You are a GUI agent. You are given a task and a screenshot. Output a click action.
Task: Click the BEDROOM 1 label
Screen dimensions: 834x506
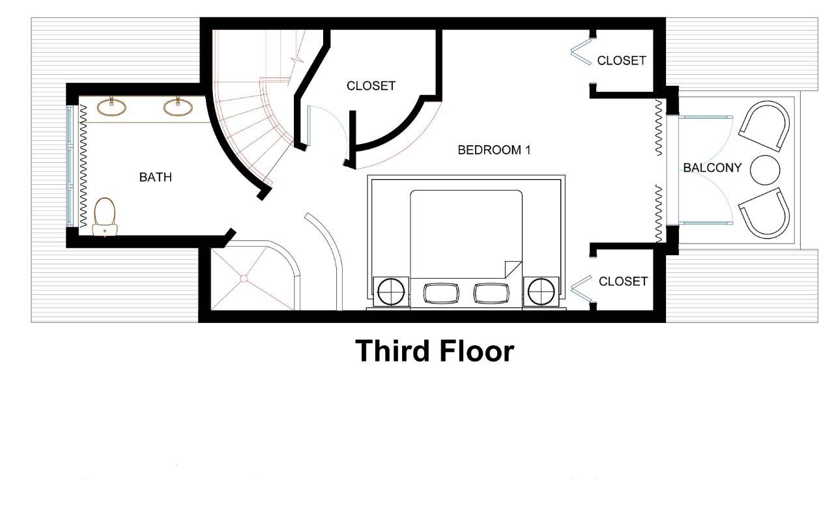tap(494, 150)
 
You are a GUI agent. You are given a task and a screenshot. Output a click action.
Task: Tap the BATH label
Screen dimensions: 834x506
tap(156, 177)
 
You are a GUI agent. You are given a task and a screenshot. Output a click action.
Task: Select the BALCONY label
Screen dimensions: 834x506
tap(713, 168)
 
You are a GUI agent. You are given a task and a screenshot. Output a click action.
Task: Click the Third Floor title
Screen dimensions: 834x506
tap(435, 351)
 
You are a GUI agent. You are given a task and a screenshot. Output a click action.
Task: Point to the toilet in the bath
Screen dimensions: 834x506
tap(105, 217)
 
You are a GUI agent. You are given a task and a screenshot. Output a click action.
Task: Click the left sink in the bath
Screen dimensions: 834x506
tap(111, 107)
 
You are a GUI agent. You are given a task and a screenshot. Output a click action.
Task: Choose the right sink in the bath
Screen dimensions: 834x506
tap(178, 107)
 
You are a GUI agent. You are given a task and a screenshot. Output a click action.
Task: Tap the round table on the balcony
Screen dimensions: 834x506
tap(765, 170)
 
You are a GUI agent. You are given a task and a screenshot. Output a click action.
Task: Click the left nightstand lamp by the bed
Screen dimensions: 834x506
tap(391, 292)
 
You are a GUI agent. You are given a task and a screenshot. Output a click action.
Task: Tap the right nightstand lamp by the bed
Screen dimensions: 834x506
tap(541, 292)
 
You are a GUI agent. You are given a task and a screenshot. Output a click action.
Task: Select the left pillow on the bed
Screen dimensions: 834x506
tap(441, 293)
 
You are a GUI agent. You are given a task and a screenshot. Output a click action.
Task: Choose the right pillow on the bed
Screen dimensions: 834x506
tap(491, 293)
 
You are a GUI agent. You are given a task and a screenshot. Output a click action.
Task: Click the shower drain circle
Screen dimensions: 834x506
tap(244, 279)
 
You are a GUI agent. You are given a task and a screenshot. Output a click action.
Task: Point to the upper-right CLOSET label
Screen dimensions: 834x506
tap(622, 61)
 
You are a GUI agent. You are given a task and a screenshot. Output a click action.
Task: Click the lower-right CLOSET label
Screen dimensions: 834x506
tap(624, 281)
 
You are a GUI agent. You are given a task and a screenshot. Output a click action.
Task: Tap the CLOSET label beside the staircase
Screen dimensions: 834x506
tap(371, 86)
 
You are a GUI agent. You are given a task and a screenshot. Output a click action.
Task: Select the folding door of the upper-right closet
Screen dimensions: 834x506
tap(581, 51)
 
